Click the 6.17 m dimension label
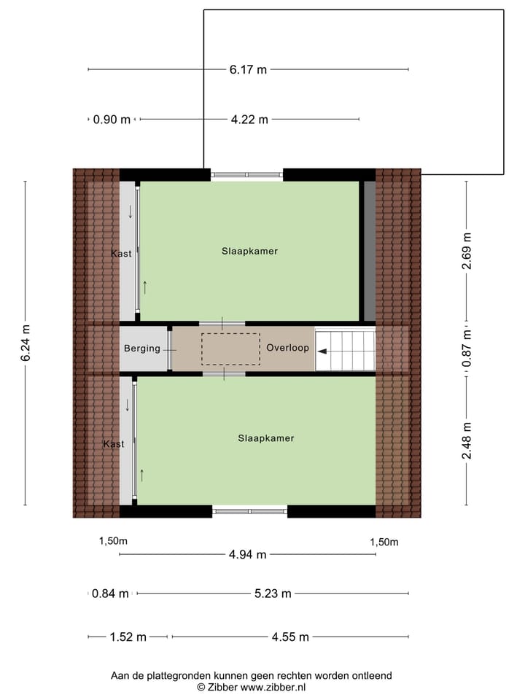pos(248,70)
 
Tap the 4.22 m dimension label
pos(249,120)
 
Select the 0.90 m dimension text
pos(112,120)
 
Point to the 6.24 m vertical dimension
pos(25,343)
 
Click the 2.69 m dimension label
pos(467,251)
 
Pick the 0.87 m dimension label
pos(467,348)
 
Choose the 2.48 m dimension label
pos(467,441)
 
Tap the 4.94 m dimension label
pos(248,555)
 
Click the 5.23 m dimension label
pos(273,594)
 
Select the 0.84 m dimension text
pos(111,594)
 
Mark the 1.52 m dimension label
pos(128,637)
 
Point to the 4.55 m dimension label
pos(290,637)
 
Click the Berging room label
pos(142,349)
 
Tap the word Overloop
pos(287,348)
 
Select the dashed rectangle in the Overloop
pos(231,349)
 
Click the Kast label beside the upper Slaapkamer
pos(122,253)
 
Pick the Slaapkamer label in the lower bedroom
pos(266,438)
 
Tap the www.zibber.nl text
pos(273,687)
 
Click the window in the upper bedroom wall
pos(246,175)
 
